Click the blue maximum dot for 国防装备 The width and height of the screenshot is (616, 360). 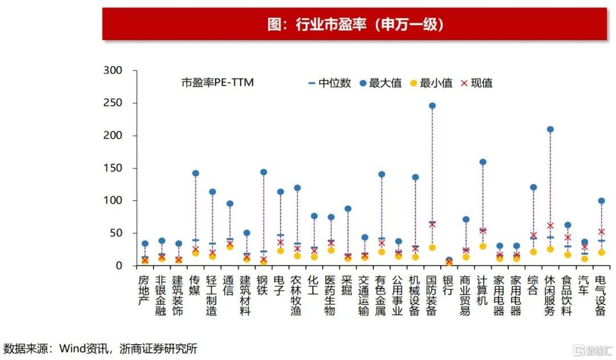click(432, 106)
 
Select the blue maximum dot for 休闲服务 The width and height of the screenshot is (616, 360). click(550, 130)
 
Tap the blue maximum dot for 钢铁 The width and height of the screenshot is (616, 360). click(264, 172)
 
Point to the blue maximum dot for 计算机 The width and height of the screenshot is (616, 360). click(483, 162)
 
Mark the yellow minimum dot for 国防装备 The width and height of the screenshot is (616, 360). click(432, 248)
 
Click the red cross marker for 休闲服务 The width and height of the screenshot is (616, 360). click(550, 226)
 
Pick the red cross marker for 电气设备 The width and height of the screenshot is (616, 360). click(601, 232)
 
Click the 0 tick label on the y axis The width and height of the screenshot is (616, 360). click(119, 266)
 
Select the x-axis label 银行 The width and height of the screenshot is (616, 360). click(449, 286)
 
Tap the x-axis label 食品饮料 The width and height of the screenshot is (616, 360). click(567, 295)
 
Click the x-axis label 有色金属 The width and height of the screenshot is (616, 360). click(382, 295)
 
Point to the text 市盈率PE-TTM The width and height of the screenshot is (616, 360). click(217, 83)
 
